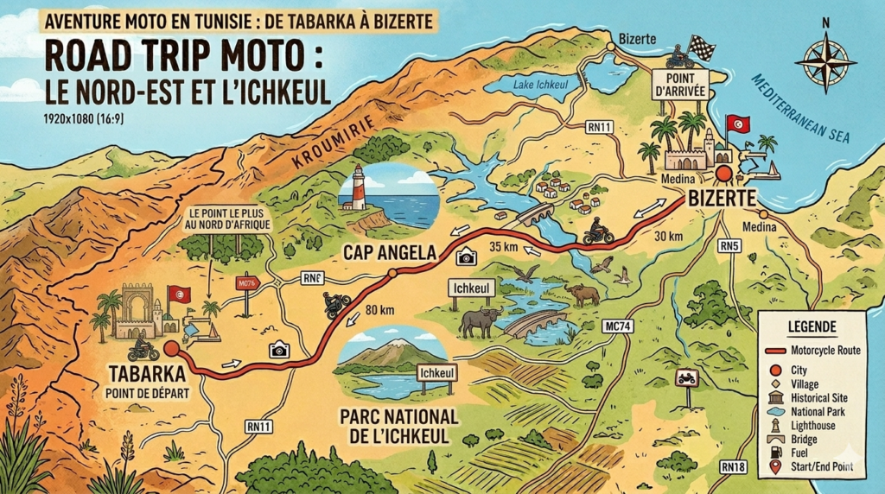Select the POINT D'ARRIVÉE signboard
[x=680, y=85]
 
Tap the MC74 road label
[x=618, y=325]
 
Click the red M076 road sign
[x=247, y=282]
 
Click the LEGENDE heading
[x=812, y=327]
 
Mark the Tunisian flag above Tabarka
[x=179, y=294]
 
